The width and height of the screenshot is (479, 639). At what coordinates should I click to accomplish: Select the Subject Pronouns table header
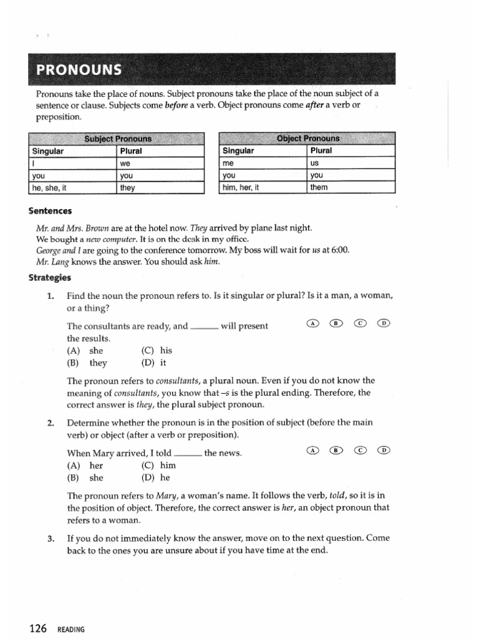click(x=118, y=139)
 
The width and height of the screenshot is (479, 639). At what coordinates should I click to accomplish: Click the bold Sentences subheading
click(x=51, y=212)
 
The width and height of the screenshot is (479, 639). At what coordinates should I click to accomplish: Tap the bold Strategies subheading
click(x=51, y=278)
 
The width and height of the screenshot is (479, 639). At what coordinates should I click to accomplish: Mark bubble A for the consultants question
click(x=312, y=323)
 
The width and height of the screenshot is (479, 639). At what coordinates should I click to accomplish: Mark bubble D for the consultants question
click(x=384, y=323)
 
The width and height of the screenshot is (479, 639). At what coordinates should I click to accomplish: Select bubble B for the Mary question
click(x=336, y=450)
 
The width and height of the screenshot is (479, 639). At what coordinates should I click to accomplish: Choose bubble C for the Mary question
click(x=360, y=450)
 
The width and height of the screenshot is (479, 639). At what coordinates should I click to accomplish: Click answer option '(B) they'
click(x=87, y=363)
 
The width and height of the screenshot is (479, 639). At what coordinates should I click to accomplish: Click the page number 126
click(x=37, y=629)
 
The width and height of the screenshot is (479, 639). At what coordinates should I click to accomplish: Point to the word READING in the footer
click(x=70, y=630)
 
